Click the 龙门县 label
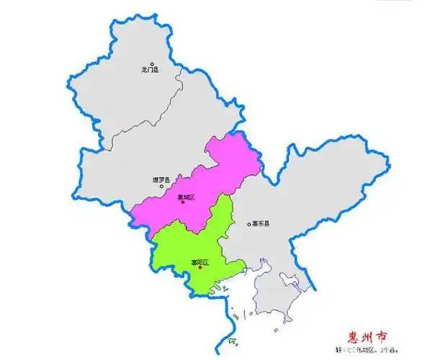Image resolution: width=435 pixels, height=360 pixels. (150, 71)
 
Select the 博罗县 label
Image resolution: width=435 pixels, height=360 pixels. (161, 179)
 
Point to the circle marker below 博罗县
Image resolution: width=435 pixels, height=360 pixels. (162, 186)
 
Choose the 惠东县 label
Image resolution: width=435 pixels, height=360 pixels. (261, 224)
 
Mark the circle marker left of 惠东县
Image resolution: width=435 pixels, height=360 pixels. (247, 224)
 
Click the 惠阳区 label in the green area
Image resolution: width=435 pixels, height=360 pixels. (199, 261)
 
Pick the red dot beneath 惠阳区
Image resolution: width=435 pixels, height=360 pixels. (200, 267)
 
